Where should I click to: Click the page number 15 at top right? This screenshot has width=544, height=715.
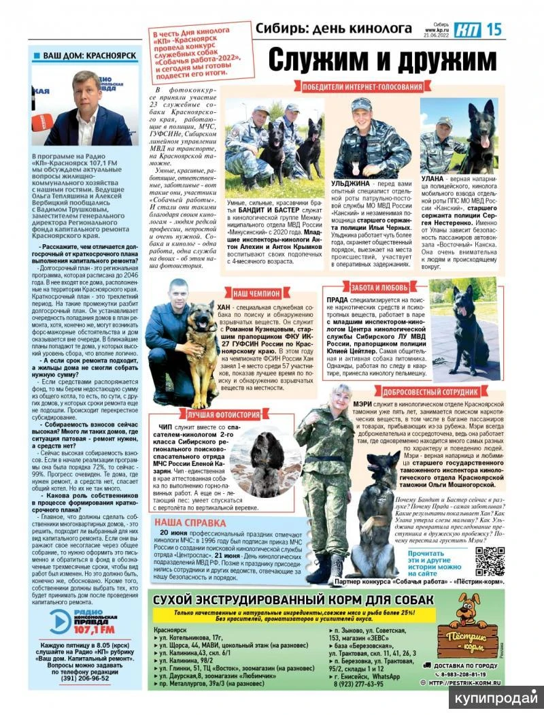[x=495, y=29]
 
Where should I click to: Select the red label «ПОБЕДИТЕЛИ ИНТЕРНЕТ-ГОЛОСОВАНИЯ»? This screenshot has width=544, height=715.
[x=358, y=87]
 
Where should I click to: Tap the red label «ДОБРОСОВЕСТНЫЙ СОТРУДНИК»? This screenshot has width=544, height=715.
[x=436, y=392]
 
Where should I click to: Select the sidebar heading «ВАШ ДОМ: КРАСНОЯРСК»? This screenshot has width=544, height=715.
[x=88, y=55]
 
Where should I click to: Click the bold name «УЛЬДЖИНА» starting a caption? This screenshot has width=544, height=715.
[x=350, y=184]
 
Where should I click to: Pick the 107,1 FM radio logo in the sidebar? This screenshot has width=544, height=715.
[x=82, y=621]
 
